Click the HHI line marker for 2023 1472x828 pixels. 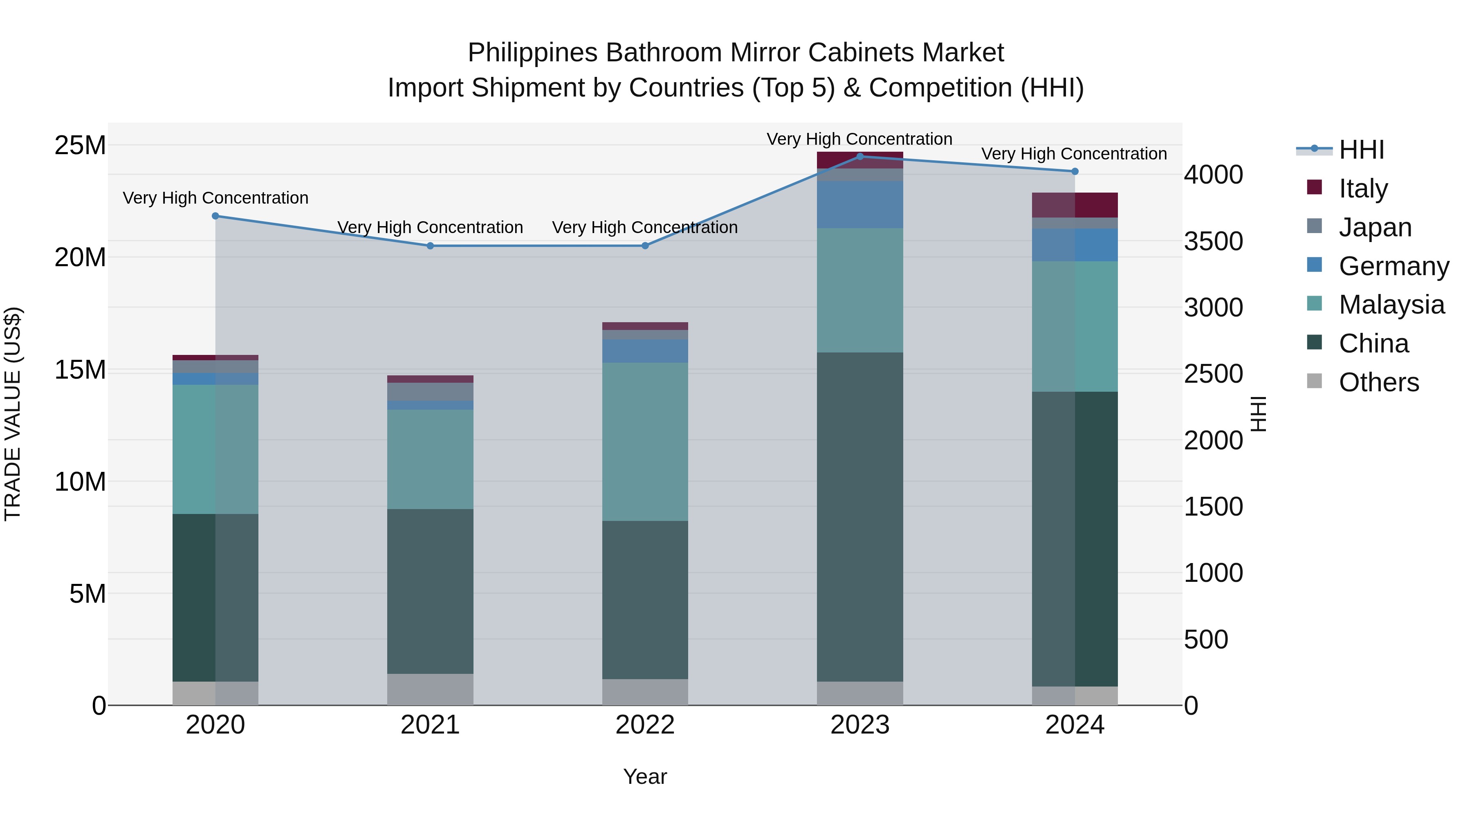(x=860, y=157)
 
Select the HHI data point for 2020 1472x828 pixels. (x=215, y=216)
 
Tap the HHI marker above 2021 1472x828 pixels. (x=430, y=246)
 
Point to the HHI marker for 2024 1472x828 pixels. (x=1075, y=171)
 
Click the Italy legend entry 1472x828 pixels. (x=1363, y=188)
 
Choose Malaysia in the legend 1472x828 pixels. (x=1391, y=305)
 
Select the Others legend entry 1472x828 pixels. (x=1378, y=382)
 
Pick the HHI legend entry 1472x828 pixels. (x=1361, y=150)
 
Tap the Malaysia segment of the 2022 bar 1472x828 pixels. (x=645, y=442)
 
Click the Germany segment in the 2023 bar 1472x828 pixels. (x=860, y=204)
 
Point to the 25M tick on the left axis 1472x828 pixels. (x=80, y=145)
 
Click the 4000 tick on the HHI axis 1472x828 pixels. (x=1213, y=175)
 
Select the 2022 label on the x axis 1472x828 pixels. (x=645, y=725)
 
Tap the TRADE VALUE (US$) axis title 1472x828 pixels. (x=13, y=414)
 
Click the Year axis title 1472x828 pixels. (x=645, y=776)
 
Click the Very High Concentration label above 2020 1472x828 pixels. (x=215, y=198)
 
